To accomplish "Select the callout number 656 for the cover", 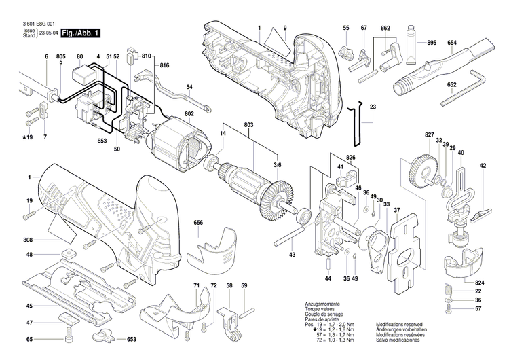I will click(198, 223).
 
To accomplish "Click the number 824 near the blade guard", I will click(480, 281).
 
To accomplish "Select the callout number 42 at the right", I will click(483, 166).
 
